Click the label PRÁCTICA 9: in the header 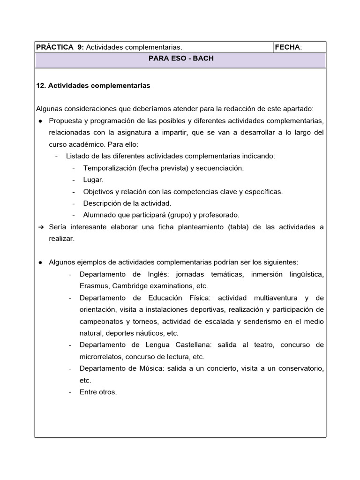tap(60, 47)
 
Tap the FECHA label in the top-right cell tap(288, 47)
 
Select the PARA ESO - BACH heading tap(180, 60)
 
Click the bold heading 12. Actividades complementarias tap(93, 86)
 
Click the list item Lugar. tap(93, 180)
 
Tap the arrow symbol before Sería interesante tap(40, 227)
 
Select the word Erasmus tap(94, 285)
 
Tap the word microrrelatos tap(101, 357)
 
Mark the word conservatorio tap(300, 368)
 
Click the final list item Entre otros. tap(98, 392)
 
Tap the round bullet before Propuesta tap(40, 120)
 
